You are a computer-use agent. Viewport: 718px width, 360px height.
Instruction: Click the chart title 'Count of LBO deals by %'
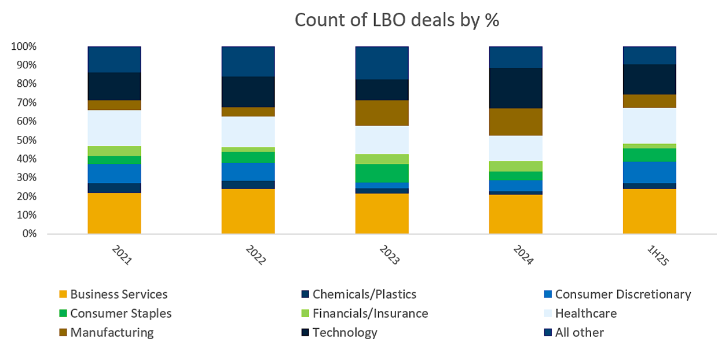coord(397,20)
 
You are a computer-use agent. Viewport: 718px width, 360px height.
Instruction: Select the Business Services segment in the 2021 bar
coord(114,213)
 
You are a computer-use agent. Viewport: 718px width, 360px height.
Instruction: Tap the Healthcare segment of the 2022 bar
coord(248,132)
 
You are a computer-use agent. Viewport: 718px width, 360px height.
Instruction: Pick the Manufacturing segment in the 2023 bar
coord(382,113)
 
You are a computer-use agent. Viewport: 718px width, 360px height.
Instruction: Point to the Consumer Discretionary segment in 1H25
coord(649,172)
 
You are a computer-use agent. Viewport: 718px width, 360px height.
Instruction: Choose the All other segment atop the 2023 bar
coord(382,63)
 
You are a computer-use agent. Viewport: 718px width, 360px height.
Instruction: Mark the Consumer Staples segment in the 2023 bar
coord(382,173)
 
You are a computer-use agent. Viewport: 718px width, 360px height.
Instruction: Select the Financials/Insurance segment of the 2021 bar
coord(114,150)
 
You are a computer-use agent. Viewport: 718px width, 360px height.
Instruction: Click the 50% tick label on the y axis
coord(24,141)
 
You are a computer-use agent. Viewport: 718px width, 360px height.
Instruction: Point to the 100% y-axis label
coord(23,46)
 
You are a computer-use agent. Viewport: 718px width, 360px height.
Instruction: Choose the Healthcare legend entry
coord(585,314)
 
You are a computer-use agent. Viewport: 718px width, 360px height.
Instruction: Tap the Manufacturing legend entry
coord(112,333)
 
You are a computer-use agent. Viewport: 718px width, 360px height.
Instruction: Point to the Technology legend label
coord(345,333)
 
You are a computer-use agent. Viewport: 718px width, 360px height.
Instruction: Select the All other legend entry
coord(579,333)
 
